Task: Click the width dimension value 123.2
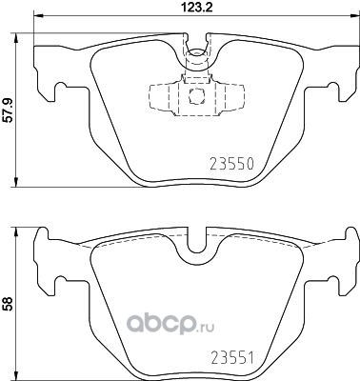tap(197, 6)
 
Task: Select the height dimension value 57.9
tap(8, 110)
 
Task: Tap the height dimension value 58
tap(8, 304)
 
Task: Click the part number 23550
tap(232, 164)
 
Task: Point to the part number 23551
tap(232, 358)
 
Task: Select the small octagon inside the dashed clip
tap(196, 95)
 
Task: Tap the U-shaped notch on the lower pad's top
tap(197, 242)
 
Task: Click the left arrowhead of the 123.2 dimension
tap(38, 15)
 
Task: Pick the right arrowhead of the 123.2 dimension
tap(353, 15)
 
